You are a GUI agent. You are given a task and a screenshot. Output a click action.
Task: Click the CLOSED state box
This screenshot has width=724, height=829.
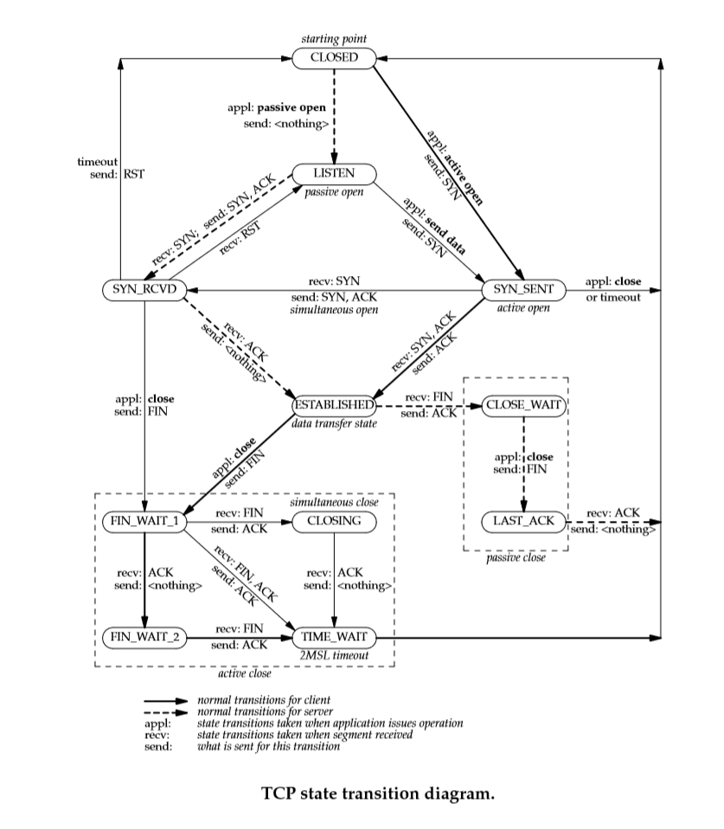[334, 58]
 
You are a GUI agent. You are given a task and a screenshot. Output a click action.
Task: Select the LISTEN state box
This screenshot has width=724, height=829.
[334, 173]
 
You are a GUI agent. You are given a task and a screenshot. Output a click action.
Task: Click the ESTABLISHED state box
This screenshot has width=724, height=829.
[334, 405]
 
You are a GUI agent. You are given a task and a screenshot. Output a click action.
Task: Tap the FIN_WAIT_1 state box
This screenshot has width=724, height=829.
[144, 521]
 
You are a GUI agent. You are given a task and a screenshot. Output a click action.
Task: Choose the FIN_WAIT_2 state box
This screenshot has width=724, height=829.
[144, 638]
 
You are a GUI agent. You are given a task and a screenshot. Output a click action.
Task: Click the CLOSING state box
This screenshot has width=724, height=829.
[334, 521]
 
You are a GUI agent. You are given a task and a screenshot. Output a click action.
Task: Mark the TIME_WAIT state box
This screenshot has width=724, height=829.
[334, 638]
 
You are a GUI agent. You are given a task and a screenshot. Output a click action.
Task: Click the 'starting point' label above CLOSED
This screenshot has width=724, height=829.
[334, 39]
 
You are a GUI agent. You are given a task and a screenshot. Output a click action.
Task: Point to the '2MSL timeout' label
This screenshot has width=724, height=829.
[335, 656]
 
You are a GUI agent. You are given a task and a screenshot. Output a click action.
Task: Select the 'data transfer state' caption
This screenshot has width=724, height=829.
[334, 423]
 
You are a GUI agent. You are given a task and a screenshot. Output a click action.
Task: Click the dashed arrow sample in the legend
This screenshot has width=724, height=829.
[165, 711]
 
